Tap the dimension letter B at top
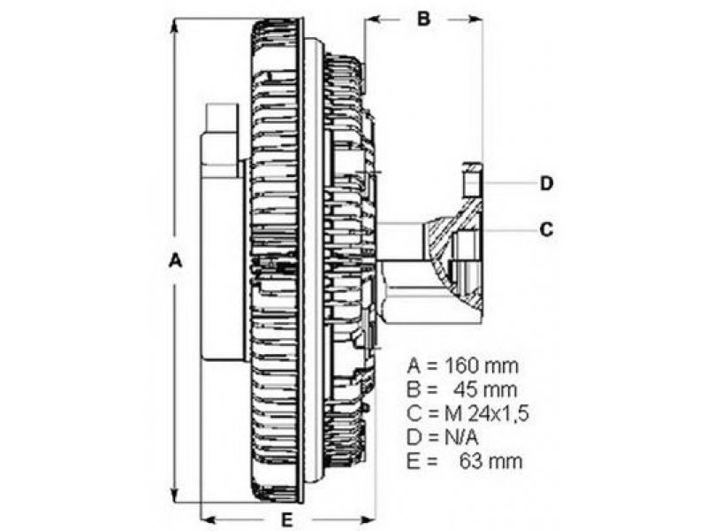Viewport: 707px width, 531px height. pos(423,19)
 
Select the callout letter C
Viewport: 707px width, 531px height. pos(547,229)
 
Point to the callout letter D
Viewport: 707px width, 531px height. pos(547,183)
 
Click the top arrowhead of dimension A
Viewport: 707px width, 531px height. pos(175,25)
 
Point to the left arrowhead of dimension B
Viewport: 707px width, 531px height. pos(369,19)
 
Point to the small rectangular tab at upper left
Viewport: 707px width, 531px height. pos(220,119)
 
